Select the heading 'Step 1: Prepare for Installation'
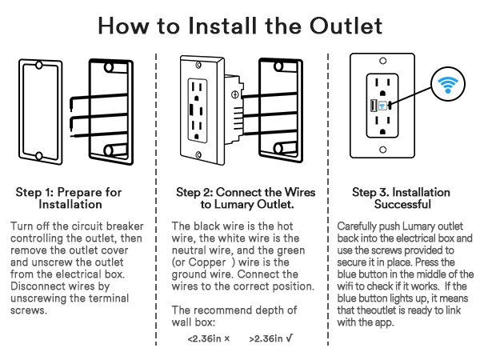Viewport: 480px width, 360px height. point(69,198)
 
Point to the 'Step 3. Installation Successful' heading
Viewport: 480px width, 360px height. point(401,198)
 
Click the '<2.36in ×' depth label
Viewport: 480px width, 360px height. point(208,339)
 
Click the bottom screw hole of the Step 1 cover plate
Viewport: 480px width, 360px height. point(38,154)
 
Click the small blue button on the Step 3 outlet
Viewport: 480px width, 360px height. point(383,104)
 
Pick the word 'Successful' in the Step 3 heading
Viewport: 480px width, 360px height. point(401,204)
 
